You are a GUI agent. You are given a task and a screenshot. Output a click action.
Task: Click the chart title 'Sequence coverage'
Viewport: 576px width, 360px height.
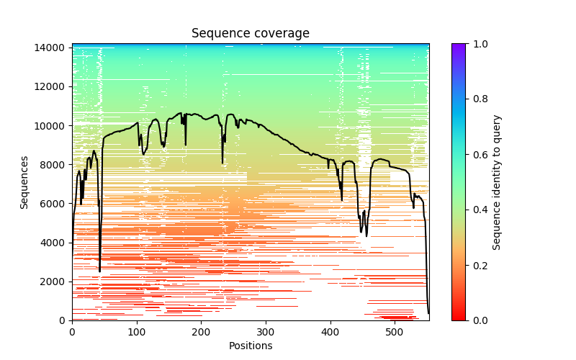coord(250,34)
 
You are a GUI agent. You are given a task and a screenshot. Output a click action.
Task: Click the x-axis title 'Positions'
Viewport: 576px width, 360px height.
coord(250,346)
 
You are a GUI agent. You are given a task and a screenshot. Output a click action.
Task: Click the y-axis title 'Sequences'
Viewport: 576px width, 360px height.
coord(24,182)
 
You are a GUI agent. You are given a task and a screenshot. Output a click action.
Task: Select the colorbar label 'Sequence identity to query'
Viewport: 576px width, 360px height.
coord(497,182)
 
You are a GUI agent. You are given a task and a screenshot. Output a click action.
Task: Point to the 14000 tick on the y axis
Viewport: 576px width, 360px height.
coord(50,48)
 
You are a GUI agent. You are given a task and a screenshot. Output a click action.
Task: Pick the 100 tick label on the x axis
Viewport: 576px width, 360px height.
coord(137,332)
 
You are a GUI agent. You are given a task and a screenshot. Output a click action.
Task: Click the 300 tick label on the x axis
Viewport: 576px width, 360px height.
coord(266,332)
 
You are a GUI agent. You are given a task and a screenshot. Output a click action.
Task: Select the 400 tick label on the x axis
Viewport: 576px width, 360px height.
coord(330,332)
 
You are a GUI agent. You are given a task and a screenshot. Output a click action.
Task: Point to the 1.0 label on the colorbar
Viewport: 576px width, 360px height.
coord(480,44)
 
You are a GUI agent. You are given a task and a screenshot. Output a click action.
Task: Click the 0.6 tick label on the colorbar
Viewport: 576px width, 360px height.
coord(480,154)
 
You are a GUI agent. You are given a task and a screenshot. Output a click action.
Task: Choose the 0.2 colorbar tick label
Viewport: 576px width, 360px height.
coord(480,265)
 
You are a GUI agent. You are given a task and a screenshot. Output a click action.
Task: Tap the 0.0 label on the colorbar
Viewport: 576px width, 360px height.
coord(480,320)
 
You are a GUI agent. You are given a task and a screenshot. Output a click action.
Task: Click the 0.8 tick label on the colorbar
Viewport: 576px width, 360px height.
coord(480,99)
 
